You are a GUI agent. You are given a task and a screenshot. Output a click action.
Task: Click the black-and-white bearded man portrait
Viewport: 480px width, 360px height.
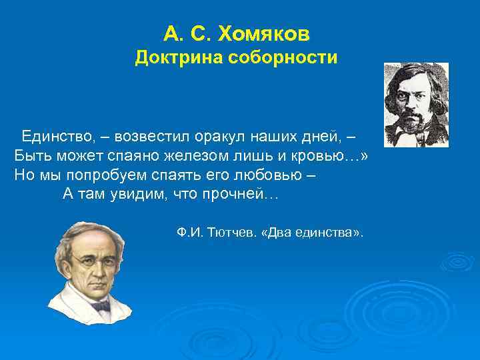click(416, 105)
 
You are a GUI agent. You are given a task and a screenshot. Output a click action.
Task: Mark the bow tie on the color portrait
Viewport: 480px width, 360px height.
click(100, 306)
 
